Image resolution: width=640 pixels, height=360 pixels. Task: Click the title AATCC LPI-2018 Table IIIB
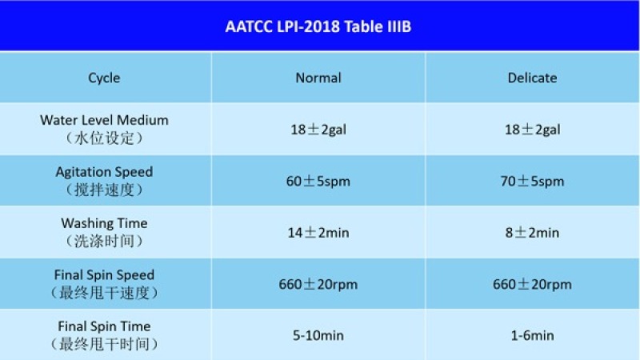click(x=318, y=26)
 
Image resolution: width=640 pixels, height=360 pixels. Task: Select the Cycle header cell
click(x=104, y=78)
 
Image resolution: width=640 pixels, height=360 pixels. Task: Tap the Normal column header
click(x=318, y=78)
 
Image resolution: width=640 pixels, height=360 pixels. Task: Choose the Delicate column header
click(x=532, y=78)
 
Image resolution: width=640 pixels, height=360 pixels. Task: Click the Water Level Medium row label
click(x=104, y=120)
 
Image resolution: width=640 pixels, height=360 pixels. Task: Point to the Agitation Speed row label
click(x=104, y=172)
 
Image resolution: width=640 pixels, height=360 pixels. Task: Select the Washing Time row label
click(x=104, y=223)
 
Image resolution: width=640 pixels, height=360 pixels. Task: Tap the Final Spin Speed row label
click(x=104, y=274)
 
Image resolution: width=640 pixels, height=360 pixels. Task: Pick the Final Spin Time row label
click(x=104, y=326)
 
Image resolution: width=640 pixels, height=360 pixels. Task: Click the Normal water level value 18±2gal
click(x=318, y=130)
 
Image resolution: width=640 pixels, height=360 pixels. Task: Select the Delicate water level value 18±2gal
click(x=532, y=130)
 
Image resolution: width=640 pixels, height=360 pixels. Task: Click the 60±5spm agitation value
click(x=318, y=182)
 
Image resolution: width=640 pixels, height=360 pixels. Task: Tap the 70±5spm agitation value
click(x=532, y=182)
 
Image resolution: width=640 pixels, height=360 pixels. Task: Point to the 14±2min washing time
click(x=318, y=233)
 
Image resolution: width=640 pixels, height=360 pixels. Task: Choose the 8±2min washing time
click(x=532, y=233)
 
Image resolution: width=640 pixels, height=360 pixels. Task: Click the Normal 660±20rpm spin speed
click(x=318, y=284)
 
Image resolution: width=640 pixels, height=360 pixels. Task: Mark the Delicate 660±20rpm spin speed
click(x=532, y=284)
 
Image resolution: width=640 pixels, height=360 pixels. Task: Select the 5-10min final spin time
click(x=318, y=335)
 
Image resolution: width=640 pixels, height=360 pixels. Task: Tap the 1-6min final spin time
click(x=532, y=335)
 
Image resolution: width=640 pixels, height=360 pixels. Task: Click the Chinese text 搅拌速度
click(x=104, y=190)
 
